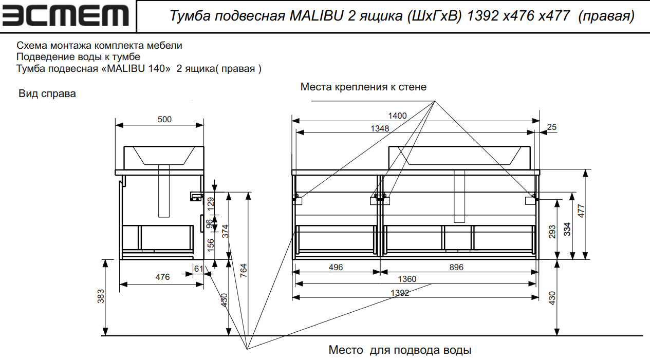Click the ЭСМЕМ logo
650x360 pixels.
pos(66,16)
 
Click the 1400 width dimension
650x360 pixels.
pos(398,116)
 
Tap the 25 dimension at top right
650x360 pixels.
pos(552,127)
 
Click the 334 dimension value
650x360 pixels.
pos(567,229)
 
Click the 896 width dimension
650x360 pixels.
pos(456,268)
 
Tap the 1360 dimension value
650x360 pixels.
pos(407,279)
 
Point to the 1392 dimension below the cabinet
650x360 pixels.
pos(400,293)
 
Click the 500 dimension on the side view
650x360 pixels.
pos(164,120)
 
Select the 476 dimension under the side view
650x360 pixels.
pos(162,277)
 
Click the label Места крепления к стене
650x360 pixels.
pos(363,87)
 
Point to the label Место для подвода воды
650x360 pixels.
pos(400,351)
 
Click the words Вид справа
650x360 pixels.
pos(47,94)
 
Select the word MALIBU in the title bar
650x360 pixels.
pos(314,16)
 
